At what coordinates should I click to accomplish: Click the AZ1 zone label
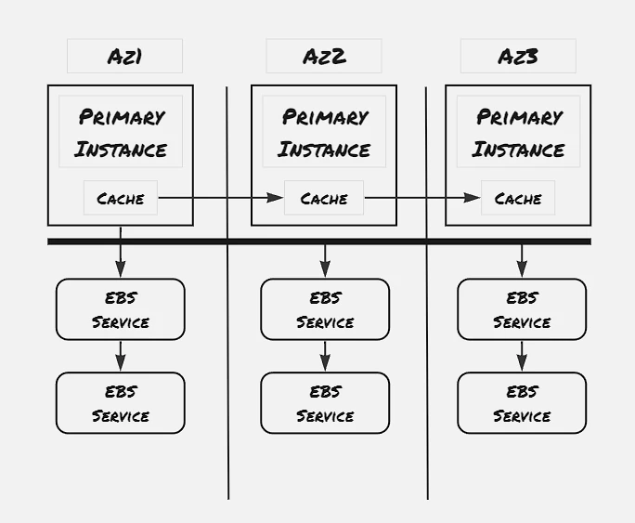pos(124,57)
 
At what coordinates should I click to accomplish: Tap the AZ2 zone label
pos(324,57)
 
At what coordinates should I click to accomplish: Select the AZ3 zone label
pos(518,57)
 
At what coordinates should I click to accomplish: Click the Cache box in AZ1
pos(121,198)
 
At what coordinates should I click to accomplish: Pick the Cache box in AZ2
pos(324,198)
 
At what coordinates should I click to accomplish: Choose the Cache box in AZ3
pos(518,198)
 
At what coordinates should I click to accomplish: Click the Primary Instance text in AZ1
pos(121,133)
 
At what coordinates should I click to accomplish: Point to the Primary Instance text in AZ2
pos(324,133)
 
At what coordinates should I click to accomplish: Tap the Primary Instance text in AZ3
pos(518,133)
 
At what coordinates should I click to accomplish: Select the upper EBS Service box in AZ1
pos(121,309)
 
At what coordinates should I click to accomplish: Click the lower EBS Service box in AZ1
pos(121,402)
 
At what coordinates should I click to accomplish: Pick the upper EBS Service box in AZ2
pos(325,309)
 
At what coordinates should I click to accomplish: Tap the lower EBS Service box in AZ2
pos(325,402)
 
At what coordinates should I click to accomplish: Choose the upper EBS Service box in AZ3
pos(522,309)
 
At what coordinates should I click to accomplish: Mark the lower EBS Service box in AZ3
pos(522,402)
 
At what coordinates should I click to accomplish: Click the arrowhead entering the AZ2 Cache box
pos(276,198)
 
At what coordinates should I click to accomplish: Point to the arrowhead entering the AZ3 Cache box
pos(473,198)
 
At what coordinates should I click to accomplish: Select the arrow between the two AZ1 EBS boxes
pos(121,356)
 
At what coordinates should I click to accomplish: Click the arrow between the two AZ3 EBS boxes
pos(522,356)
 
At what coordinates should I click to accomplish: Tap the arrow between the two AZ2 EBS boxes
pos(325,356)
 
